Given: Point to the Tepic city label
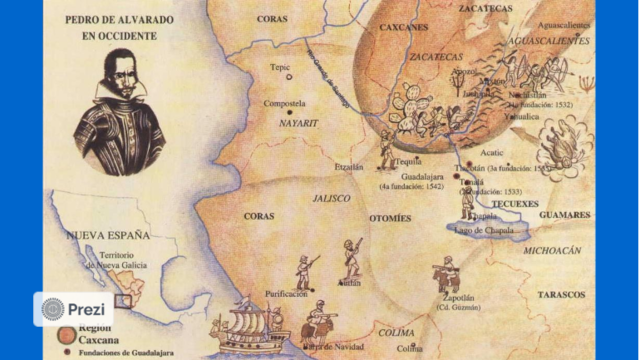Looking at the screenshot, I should [x=279, y=69].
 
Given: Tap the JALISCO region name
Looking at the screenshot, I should [x=330, y=198].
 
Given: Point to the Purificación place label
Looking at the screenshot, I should [x=286, y=294].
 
